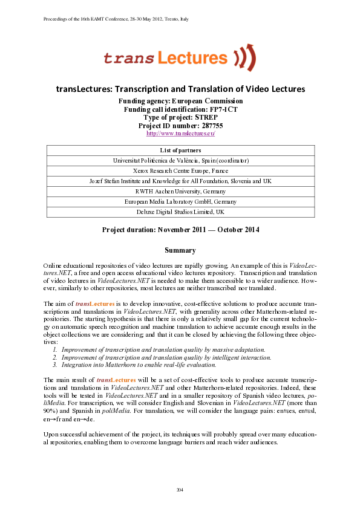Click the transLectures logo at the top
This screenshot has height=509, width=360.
pos(179,57)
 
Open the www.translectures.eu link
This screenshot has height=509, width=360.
pos(180,133)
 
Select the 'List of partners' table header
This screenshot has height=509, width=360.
pos(180,150)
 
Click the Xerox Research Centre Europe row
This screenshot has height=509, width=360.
pos(180,171)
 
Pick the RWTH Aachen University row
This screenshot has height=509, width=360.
pos(180,191)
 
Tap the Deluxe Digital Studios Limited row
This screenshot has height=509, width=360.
pos(180,212)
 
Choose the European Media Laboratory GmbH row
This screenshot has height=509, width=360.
pos(180,201)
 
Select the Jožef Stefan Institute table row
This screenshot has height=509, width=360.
pos(180,181)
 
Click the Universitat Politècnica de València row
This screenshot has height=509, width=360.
pos(180,160)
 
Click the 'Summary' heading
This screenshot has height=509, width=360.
pos(180,250)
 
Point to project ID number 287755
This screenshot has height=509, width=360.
pos(180,125)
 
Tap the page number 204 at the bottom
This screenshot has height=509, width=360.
pos(180,488)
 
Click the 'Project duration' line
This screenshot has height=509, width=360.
pos(180,230)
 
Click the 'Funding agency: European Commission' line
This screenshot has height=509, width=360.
pos(180,101)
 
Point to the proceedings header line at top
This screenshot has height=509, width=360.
pos(116,19)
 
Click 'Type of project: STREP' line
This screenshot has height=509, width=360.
pos(180,117)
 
